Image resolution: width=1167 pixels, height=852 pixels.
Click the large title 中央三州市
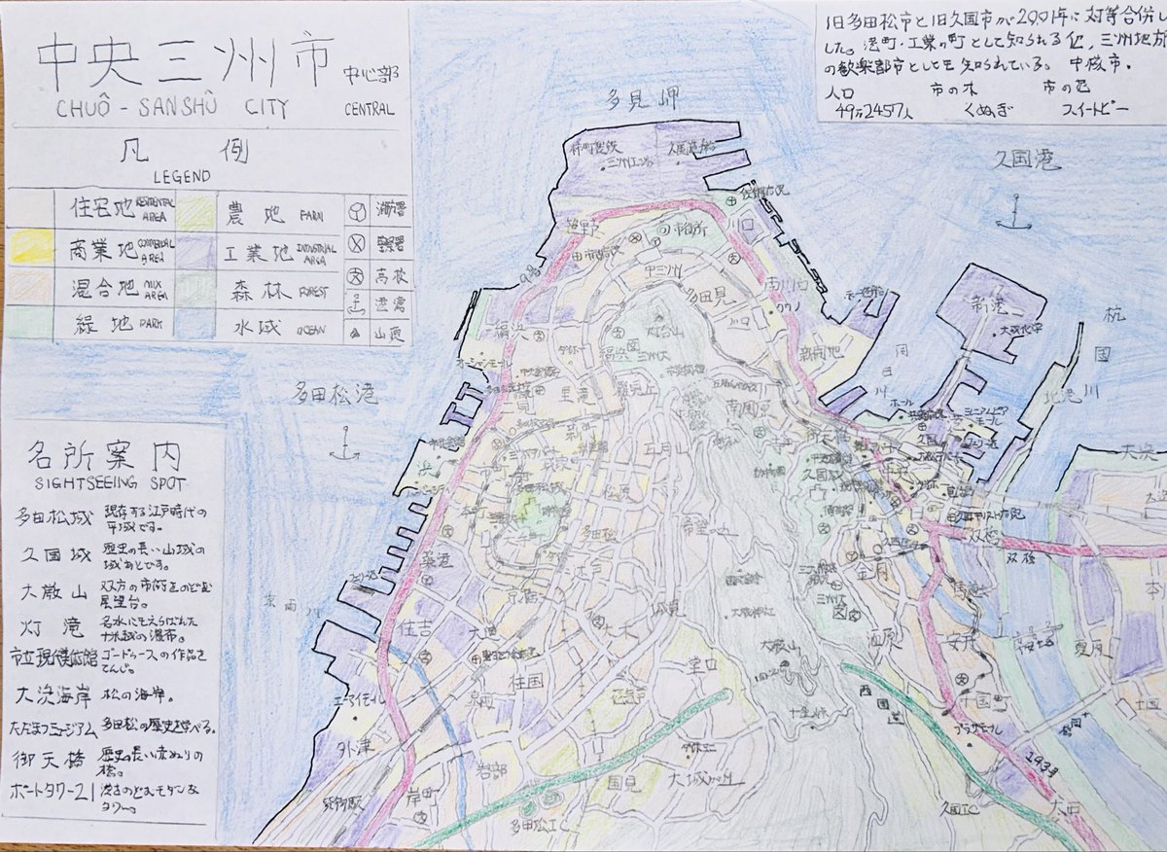pos(186,63)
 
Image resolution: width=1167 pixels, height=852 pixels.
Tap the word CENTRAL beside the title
pos(370,110)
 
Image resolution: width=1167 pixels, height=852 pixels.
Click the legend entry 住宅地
pos(106,208)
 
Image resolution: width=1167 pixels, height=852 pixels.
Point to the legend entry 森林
pos(255,291)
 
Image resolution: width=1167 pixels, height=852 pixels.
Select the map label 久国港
pos(1017,158)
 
